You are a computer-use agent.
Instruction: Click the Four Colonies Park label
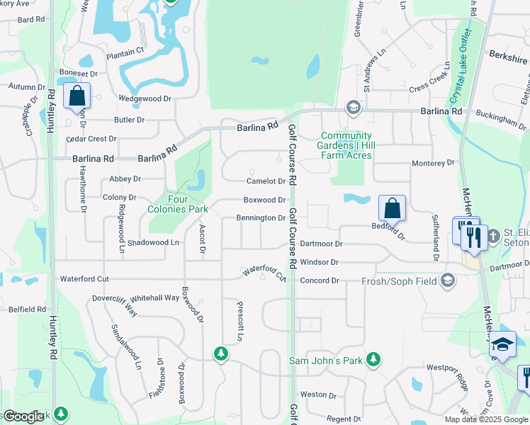(x=177, y=204)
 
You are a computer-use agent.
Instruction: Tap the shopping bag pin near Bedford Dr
(x=392, y=208)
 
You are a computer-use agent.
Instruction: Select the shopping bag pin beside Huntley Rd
(x=77, y=96)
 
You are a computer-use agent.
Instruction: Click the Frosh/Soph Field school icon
(x=447, y=281)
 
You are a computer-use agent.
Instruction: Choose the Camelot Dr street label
(x=266, y=181)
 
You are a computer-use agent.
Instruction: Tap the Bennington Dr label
(x=261, y=218)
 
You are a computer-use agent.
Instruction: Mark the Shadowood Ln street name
(x=154, y=242)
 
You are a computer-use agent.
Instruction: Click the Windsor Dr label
(x=320, y=262)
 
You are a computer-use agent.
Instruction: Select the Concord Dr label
(x=320, y=281)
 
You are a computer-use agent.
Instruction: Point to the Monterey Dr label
(x=433, y=163)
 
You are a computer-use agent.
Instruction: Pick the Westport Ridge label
(x=448, y=368)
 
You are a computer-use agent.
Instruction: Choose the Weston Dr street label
(x=313, y=395)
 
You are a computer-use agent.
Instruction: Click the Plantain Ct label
(x=125, y=50)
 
